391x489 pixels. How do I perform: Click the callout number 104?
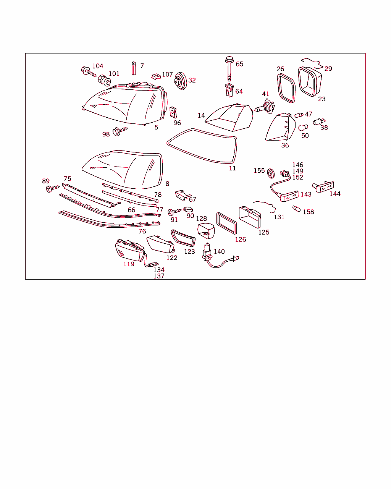(x=98, y=66)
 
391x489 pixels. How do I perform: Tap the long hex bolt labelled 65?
(x=229, y=69)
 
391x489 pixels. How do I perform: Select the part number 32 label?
(x=192, y=80)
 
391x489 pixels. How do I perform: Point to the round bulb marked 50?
(x=303, y=128)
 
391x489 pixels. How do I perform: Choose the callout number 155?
(x=259, y=170)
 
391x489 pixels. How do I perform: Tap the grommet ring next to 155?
(x=271, y=173)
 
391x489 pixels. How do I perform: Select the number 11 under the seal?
(x=232, y=168)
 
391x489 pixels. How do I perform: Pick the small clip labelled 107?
(x=156, y=76)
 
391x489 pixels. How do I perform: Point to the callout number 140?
(x=219, y=251)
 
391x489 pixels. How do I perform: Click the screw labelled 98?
(x=120, y=131)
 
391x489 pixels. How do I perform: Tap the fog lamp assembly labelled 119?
(x=130, y=250)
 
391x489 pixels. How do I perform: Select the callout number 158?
(x=308, y=212)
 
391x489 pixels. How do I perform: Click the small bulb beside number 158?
(x=296, y=208)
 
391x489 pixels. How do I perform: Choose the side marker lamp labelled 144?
(x=323, y=187)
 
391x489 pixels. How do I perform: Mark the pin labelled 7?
(x=134, y=68)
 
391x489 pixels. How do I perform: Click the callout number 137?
(x=159, y=276)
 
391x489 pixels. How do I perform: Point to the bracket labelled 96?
(x=173, y=112)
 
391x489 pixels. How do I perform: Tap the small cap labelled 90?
(x=188, y=209)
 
